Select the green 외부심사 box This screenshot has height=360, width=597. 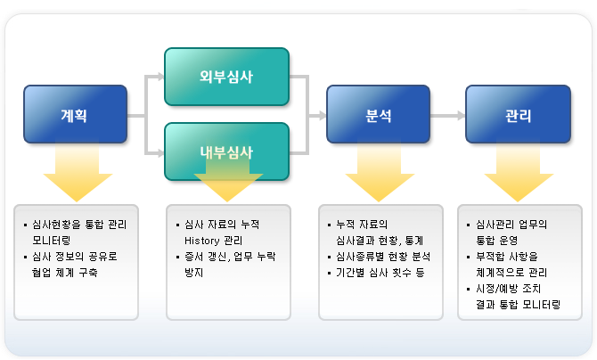pyautogui.click(x=226, y=77)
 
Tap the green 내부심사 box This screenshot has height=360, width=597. pyautogui.click(x=226, y=151)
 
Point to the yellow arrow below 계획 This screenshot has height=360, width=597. pyautogui.click(x=77, y=174)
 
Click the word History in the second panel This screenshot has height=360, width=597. pyautogui.click(x=200, y=241)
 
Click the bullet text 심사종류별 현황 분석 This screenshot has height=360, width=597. pyautogui.click(x=379, y=257)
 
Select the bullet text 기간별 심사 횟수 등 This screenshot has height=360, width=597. pyautogui.click(x=374, y=273)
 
